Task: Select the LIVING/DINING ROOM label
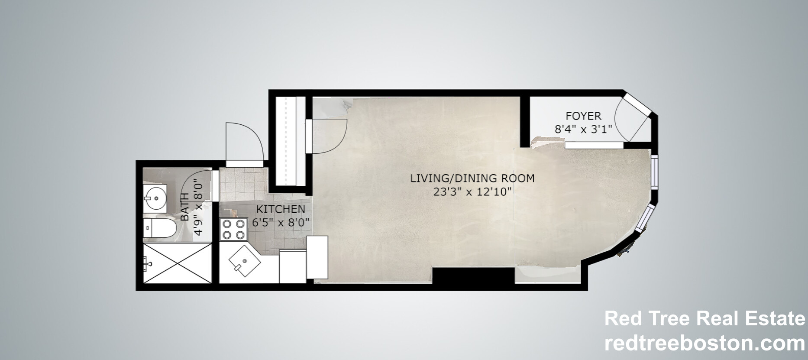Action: coord(472,178)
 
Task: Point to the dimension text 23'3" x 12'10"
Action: coord(472,191)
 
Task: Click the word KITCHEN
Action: coord(281,209)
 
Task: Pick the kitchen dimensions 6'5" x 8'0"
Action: coord(281,223)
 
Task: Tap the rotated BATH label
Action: coord(185,207)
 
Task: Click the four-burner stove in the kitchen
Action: coord(233,230)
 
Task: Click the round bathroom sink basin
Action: coord(155,198)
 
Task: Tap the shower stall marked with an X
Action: coord(178,263)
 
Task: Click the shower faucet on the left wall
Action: coord(147,262)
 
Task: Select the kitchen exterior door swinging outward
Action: coord(244,143)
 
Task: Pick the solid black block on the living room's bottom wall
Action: coord(473,276)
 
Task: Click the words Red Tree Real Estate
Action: coord(704,319)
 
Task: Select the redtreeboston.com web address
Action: coord(704,344)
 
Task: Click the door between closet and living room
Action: coord(327,136)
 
